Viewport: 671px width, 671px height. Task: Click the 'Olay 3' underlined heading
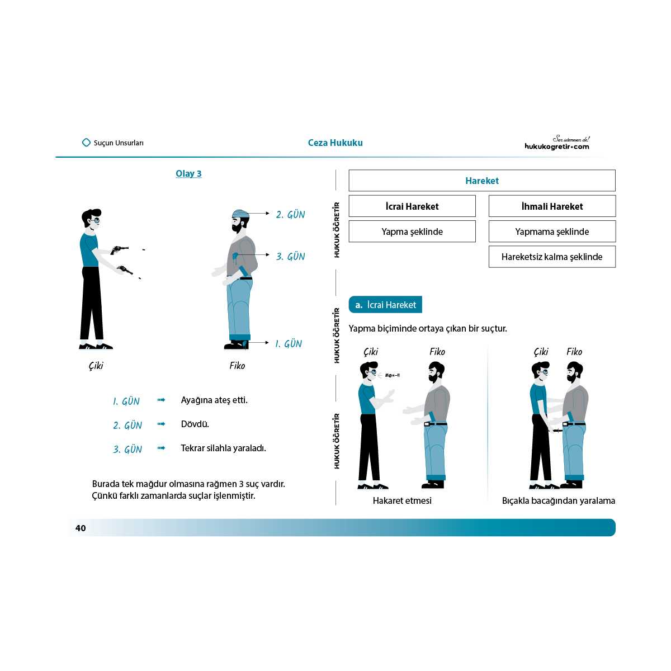pyautogui.click(x=188, y=173)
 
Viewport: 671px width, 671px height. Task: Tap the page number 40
pyautogui.click(x=81, y=528)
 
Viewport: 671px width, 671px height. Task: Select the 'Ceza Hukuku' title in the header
pyautogui.click(x=335, y=143)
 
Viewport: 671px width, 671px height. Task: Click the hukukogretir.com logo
pyautogui.click(x=557, y=144)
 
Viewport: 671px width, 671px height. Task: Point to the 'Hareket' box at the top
pyautogui.click(x=481, y=181)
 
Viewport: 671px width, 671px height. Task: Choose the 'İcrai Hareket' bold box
pyautogui.click(x=412, y=206)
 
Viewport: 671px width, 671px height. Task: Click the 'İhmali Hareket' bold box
pyautogui.click(x=552, y=206)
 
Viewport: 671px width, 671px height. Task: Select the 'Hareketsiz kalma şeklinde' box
pyautogui.click(x=552, y=257)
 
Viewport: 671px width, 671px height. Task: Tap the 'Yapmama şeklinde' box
pyautogui.click(x=552, y=231)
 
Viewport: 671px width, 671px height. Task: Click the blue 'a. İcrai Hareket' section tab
pyautogui.click(x=385, y=305)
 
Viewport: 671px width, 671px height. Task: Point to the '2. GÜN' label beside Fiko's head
pyautogui.click(x=290, y=214)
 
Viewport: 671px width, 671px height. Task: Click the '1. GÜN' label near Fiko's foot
pyautogui.click(x=288, y=344)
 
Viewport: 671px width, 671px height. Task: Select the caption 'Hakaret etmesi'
pyautogui.click(x=402, y=500)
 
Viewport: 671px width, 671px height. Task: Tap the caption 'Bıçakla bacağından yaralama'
pyautogui.click(x=558, y=500)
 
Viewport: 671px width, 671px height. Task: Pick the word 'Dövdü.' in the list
pyautogui.click(x=195, y=424)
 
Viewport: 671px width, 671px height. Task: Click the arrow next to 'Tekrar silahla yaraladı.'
pyautogui.click(x=162, y=448)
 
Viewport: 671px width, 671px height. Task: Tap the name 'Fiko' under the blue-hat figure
pyautogui.click(x=237, y=366)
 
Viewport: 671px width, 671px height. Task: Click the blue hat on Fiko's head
pyautogui.click(x=240, y=214)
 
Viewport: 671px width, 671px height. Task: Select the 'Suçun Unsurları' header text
pyautogui.click(x=118, y=143)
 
